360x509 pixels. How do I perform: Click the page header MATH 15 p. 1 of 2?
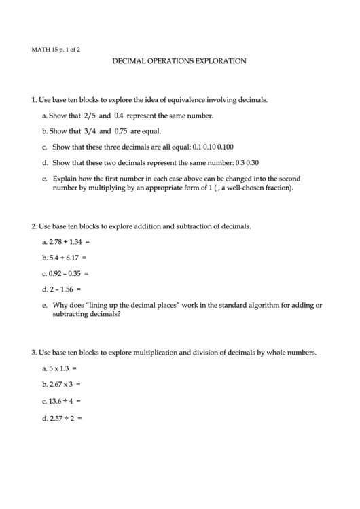click(x=56, y=49)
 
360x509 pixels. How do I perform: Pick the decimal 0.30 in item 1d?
click(x=252, y=162)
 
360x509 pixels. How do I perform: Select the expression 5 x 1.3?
click(x=59, y=368)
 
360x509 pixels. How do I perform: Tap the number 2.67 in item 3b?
click(x=56, y=384)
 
